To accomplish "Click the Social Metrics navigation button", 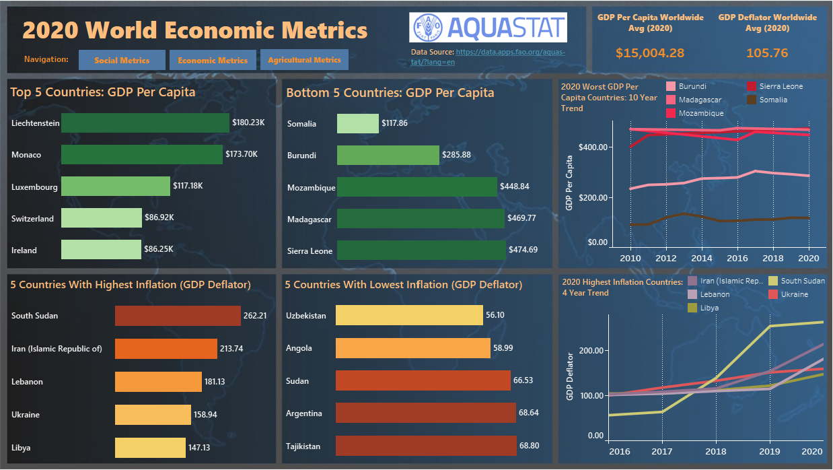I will click(x=122, y=60).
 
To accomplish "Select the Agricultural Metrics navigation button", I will click(x=304, y=60).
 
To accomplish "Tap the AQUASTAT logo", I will click(x=488, y=28).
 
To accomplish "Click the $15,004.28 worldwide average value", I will click(x=650, y=53).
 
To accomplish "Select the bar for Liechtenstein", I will click(x=145, y=123).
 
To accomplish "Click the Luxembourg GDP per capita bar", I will click(x=115, y=187).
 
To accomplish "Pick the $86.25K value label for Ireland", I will click(x=159, y=249).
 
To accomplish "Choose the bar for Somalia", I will click(x=357, y=123).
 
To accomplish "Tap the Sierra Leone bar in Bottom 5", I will click(x=421, y=250).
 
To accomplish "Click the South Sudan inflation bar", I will click(x=178, y=316).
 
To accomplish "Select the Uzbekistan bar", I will click(x=409, y=315).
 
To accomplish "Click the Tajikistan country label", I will click(x=303, y=446).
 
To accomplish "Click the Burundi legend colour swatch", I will click(x=671, y=87).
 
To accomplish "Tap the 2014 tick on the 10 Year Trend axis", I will click(x=702, y=258).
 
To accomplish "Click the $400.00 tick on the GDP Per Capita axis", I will click(x=592, y=147).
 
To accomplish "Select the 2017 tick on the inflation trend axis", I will click(x=663, y=452).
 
